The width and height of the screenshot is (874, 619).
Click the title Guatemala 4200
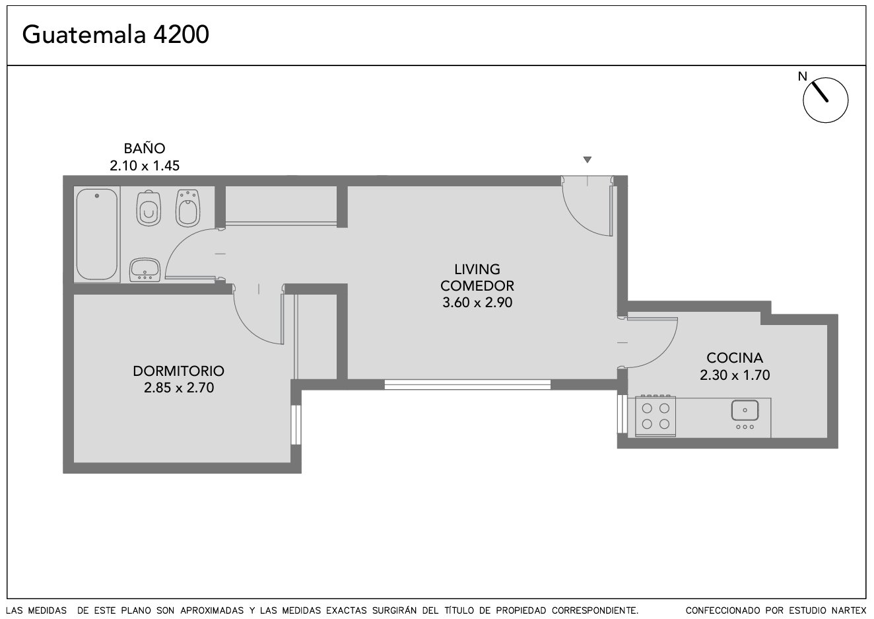(116, 34)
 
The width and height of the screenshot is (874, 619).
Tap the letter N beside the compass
(802, 77)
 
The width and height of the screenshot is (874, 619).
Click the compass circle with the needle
(825, 100)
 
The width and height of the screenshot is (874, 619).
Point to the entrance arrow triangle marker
(588, 159)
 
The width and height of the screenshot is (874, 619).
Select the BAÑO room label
(145, 149)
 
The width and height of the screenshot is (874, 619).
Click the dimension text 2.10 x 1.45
(145, 166)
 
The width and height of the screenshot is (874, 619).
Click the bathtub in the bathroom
(97, 235)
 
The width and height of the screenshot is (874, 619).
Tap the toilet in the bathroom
(149, 208)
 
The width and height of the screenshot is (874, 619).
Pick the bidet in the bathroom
(187, 208)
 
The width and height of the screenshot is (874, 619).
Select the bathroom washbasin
(145, 270)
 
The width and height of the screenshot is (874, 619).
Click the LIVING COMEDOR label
(477, 277)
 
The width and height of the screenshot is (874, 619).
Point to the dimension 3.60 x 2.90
(477, 303)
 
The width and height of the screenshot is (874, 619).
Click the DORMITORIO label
(179, 371)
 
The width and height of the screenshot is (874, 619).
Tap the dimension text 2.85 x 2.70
(179, 388)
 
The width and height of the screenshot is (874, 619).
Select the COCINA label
(734, 358)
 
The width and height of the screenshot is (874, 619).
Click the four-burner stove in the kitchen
(655, 416)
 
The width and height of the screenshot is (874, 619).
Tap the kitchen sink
(745, 415)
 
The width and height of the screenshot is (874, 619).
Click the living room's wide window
(467, 384)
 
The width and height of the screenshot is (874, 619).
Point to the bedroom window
(296, 425)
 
